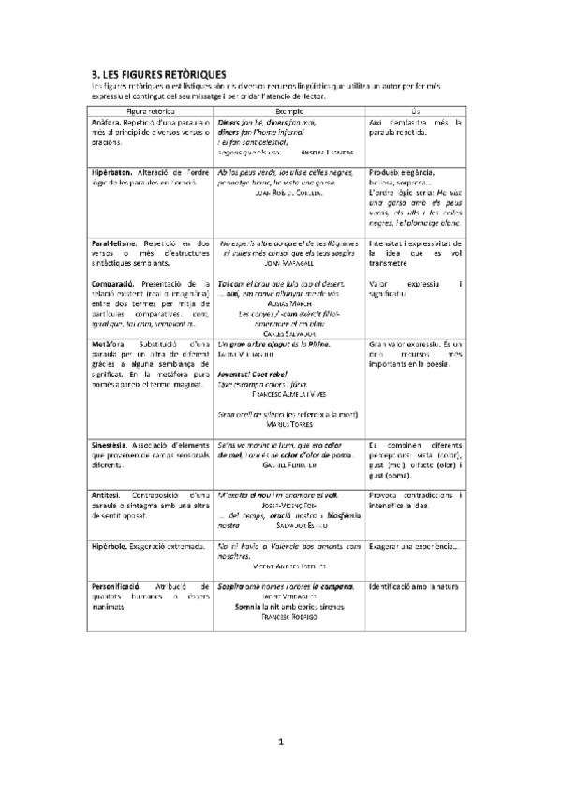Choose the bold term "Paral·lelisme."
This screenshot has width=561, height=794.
tap(115, 243)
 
